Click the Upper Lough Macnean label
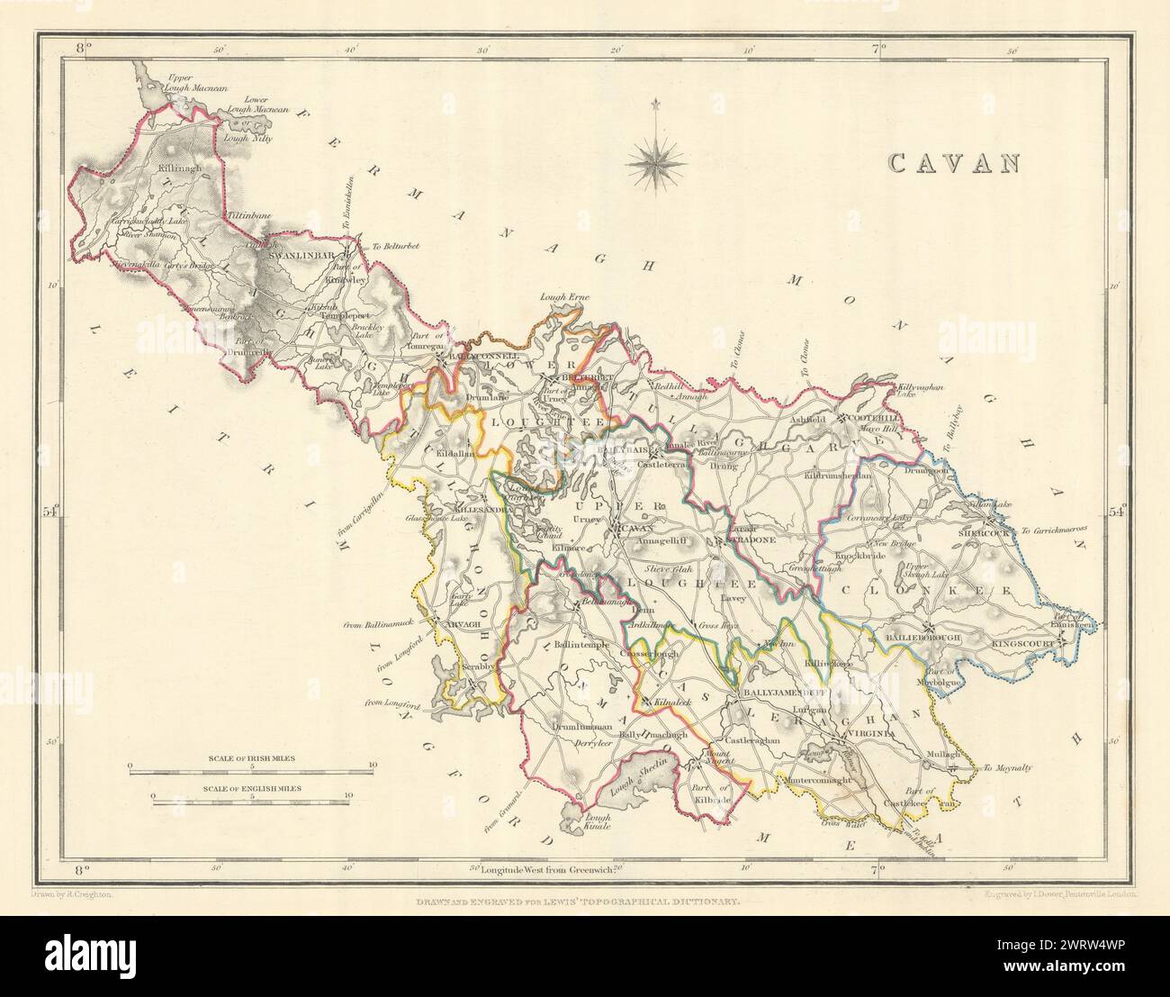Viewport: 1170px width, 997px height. [x=191, y=83]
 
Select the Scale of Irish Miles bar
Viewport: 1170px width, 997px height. [x=251, y=767]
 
